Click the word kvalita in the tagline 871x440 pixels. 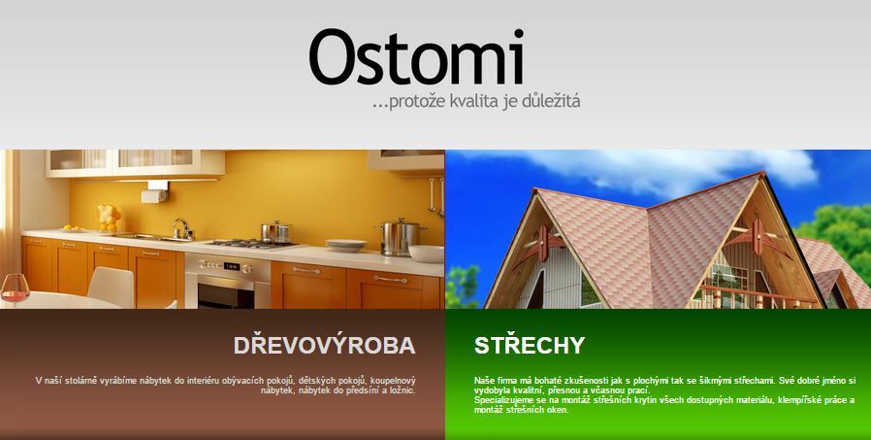[x=468, y=102]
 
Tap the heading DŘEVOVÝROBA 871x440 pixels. [x=324, y=346]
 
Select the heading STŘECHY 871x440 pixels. [x=530, y=345]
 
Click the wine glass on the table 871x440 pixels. [x=15, y=288]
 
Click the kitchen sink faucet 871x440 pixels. [x=182, y=228]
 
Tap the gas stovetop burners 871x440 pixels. [x=253, y=243]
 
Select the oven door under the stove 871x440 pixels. [x=228, y=289]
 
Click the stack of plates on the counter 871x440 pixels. [x=346, y=246]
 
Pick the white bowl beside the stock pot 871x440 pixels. [x=427, y=254]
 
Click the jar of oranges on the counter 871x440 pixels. [x=109, y=218]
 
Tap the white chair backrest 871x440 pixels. [x=111, y=286]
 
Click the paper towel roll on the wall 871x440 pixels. [x=154, y=196]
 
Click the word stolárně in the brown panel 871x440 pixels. [x=81, y=381]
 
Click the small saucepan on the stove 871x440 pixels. [x=275, y=231]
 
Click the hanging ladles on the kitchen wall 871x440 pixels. [x=436, y=196]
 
